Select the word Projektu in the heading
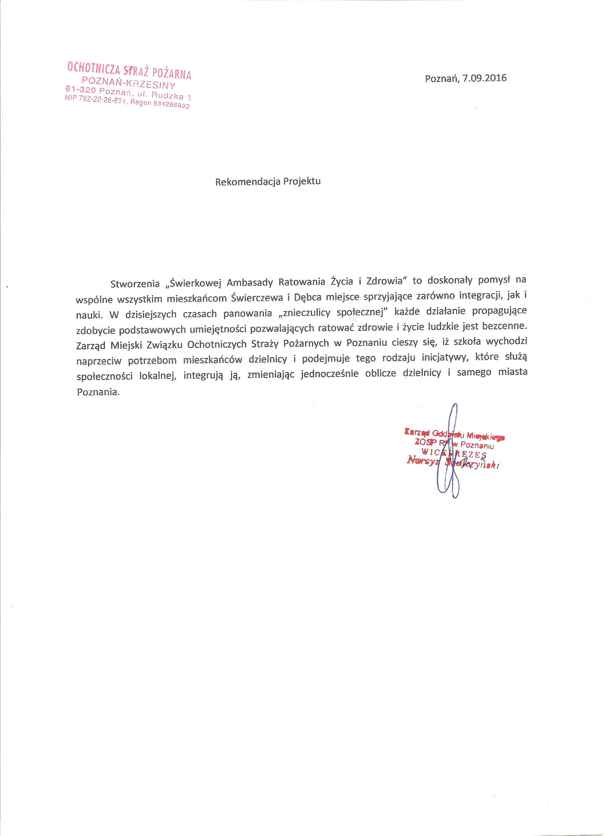point(302,182)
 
